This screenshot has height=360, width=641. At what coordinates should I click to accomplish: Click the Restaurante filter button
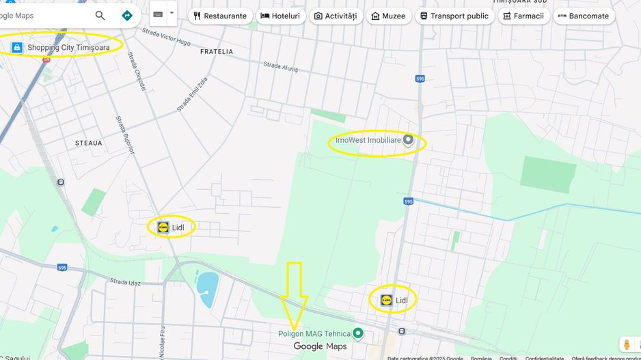tap(220, 16)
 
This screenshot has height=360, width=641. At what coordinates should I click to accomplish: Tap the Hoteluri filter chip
tap(280, 16)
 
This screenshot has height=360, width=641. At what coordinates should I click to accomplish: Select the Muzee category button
tap(388, 16)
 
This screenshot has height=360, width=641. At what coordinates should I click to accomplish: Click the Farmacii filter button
tap(523, 16)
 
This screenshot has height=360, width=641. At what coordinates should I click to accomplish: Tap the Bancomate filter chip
tap(584, 16)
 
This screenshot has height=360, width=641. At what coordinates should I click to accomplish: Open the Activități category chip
tap(336, 16)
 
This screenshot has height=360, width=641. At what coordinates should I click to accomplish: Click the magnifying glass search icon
tap(100, 16)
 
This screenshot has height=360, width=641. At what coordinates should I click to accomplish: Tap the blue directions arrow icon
tap(126, 16)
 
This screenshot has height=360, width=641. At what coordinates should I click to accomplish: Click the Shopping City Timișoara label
tap(68, 47)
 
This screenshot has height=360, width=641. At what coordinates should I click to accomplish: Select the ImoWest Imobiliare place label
tap(368, 140)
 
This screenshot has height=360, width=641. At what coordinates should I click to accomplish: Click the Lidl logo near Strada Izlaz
tap(163, 227)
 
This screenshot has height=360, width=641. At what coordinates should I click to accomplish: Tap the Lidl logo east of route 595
tap(386, 300)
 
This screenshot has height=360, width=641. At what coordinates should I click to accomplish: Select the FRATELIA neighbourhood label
tap(217, 52)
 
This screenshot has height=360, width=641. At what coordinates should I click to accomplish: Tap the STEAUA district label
tap(88, 143)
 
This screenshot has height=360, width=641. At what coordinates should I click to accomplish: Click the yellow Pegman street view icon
tap(627, 345)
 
